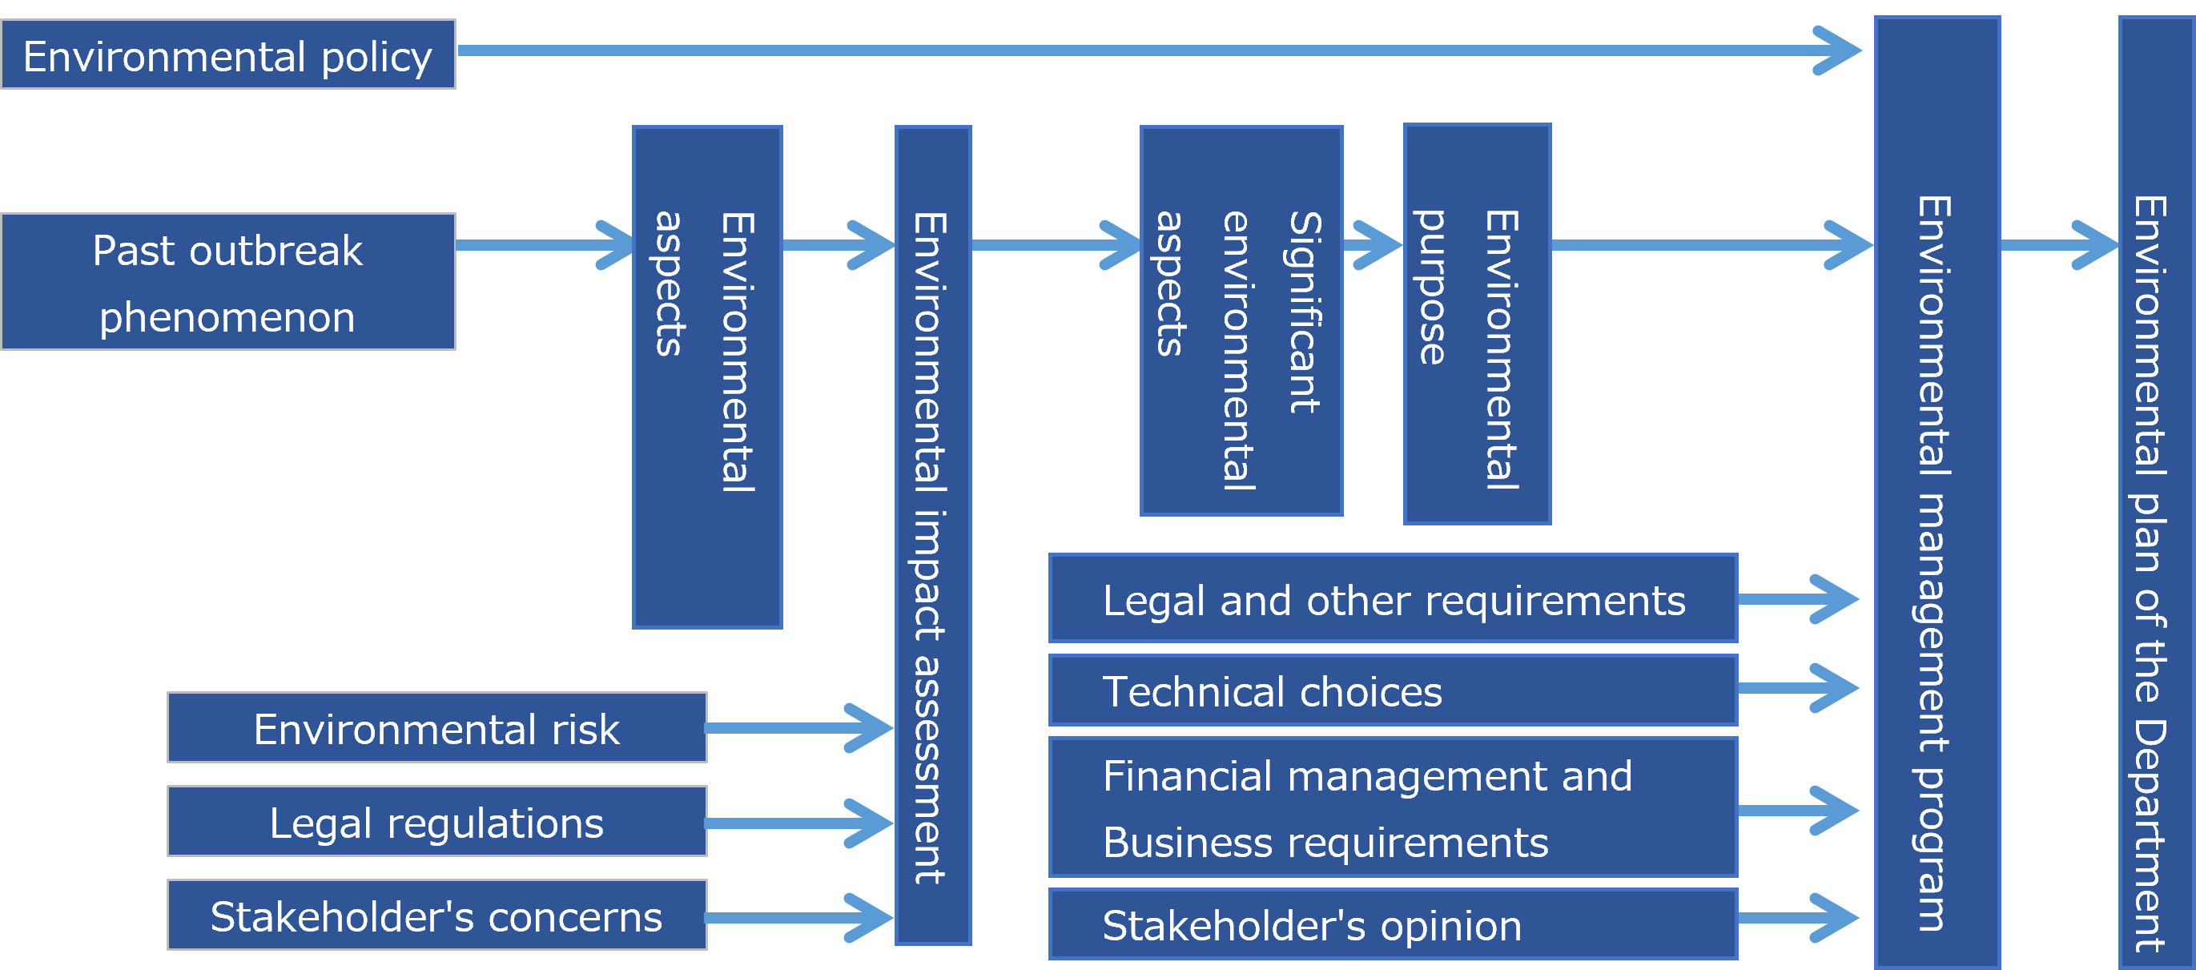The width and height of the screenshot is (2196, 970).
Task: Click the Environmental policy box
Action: (227, 54)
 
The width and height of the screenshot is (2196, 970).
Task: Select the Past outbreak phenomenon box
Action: (227, 281)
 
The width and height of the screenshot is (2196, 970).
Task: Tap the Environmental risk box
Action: (436, 728)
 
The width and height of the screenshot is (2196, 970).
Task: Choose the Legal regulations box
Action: (436, 822)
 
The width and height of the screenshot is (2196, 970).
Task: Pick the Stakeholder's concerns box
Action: (436, 916)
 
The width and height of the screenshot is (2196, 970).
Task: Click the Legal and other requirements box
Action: (1393, 598)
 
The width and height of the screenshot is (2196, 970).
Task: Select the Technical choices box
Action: (1393, 690)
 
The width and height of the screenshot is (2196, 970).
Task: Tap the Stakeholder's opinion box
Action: (1393, 924)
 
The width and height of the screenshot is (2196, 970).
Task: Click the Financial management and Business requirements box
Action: (1393, 807)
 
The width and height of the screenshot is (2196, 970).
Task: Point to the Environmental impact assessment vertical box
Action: (932, 535)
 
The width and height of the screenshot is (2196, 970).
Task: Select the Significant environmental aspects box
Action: (1241, 320)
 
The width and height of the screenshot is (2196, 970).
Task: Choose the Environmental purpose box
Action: (1477, 324)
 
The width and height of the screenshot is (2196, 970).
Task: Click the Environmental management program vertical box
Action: (1937, 491)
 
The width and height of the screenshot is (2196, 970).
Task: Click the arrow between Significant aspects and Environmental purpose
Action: (1373, 245)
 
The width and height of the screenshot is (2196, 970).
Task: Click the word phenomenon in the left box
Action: (227, 318)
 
